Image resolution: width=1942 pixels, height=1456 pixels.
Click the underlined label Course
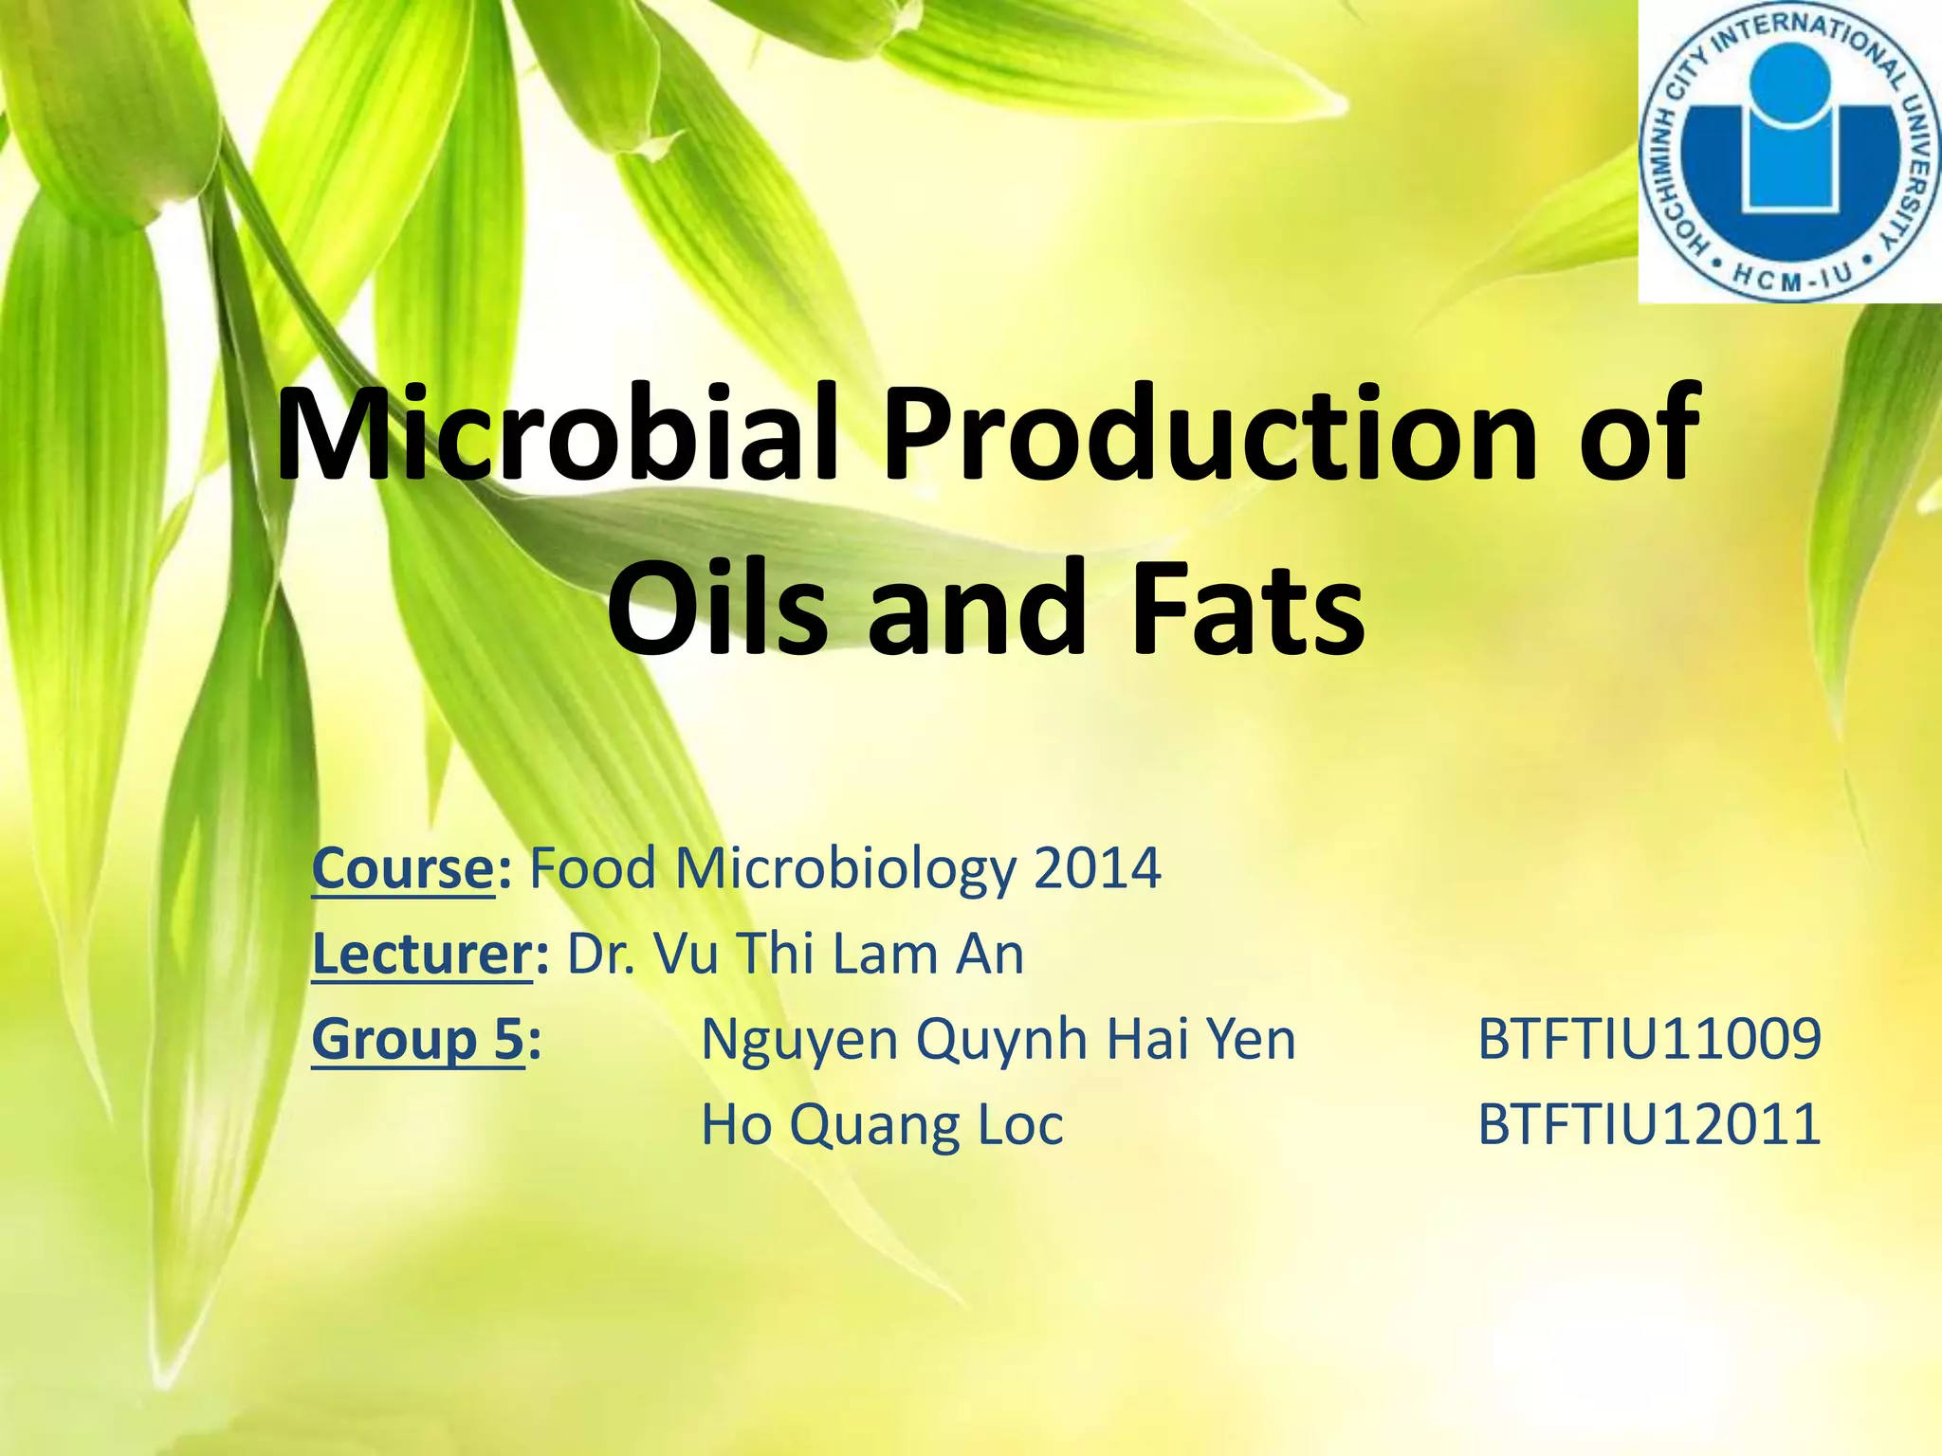(x=402, y=867)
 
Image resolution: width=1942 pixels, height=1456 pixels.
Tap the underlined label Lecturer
(x=422, y=953)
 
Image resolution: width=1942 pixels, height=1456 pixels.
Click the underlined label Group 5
(x=417, y=1039)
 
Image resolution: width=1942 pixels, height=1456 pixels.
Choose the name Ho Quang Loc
(x=882, y=1125)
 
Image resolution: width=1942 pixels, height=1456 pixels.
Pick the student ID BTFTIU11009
(x=1649, y=1039)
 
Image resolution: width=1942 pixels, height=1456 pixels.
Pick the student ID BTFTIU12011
(x=1649, y=1125)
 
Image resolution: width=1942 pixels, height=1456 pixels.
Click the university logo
(x=1788, y=152)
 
